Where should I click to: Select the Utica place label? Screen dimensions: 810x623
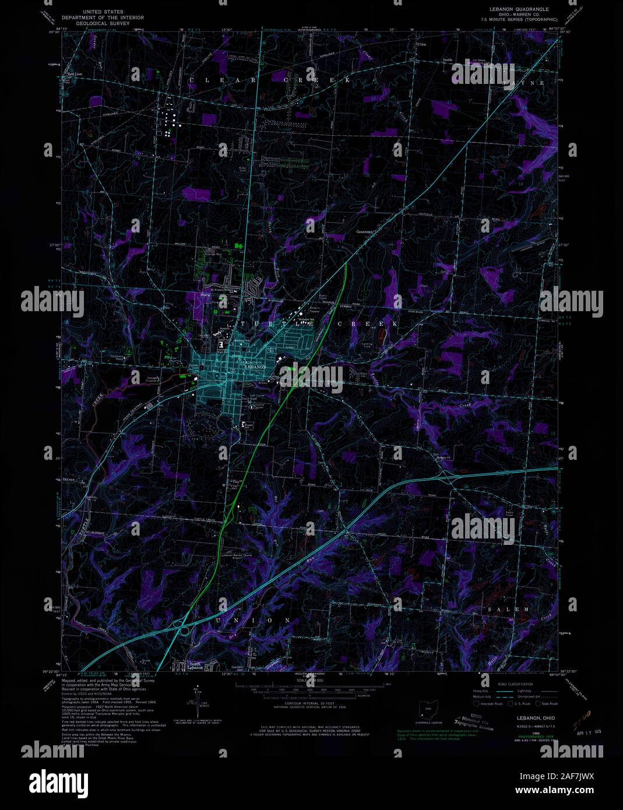point(420,45)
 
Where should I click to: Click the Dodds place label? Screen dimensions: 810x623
point(447,59)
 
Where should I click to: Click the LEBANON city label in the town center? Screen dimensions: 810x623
point(255,367)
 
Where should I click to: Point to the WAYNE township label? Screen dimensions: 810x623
point(527,83)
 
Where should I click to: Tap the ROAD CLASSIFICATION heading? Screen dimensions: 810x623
point(516,684)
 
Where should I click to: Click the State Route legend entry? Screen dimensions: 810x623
point(548,704)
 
